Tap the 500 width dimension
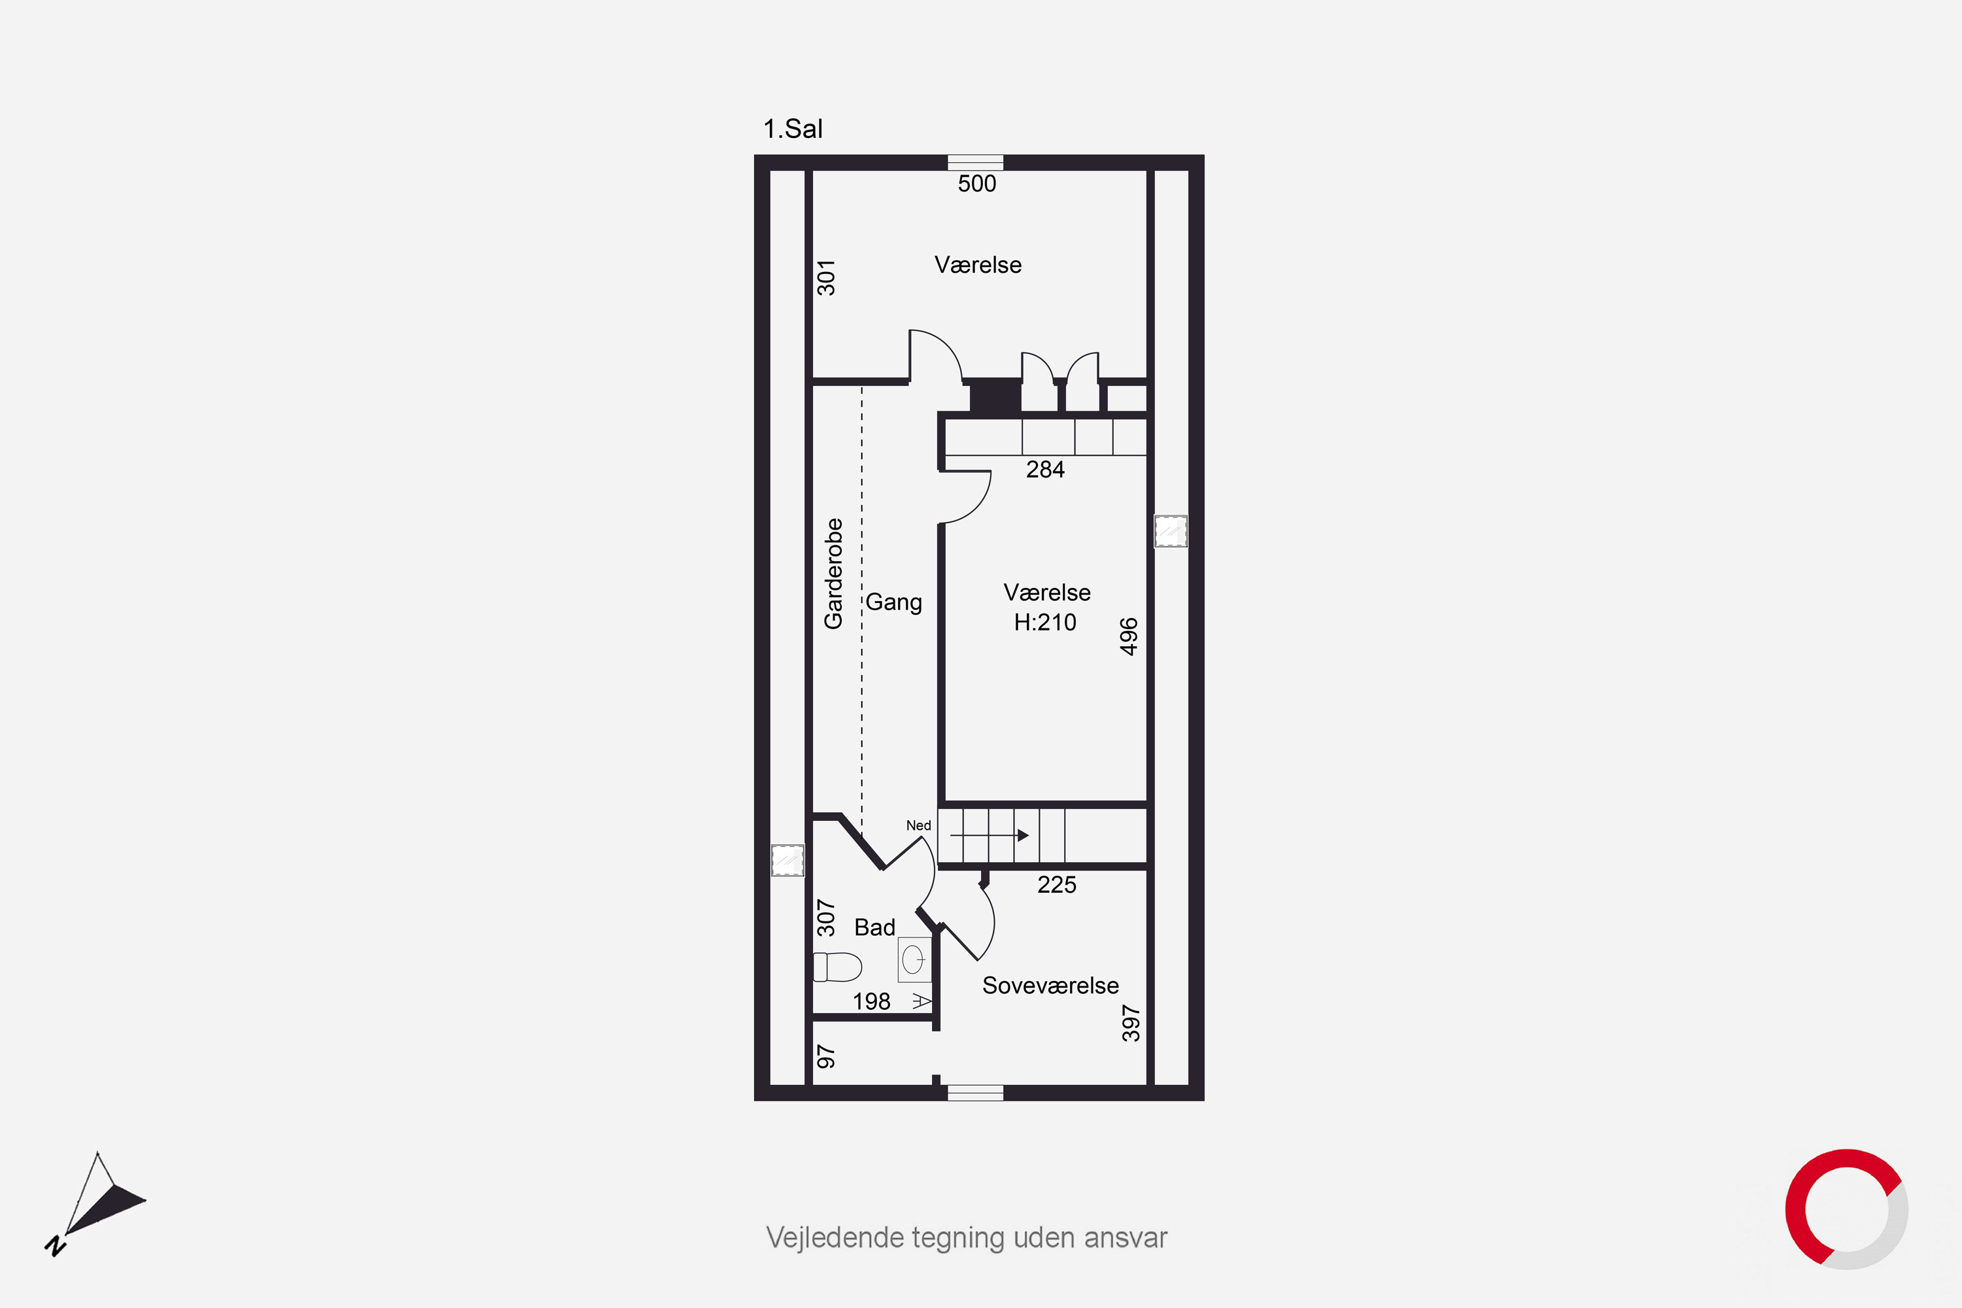(977, 184)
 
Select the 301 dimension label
(826, 278)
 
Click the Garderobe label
(833, 574)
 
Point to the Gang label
(893, 602)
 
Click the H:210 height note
(1045, 623)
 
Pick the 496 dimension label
(1129, 636)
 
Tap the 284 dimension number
(1045, 470)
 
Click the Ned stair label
(918, 825)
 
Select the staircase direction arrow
(990, 835)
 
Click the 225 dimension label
(1057, 885)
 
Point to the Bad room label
(874, 927)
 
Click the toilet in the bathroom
(836, 967)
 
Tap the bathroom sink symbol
(914, 959)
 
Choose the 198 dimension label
(872, 1002)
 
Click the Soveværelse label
(1050, 986)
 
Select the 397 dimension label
(1130, 1024)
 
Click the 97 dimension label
(826, 1057)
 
